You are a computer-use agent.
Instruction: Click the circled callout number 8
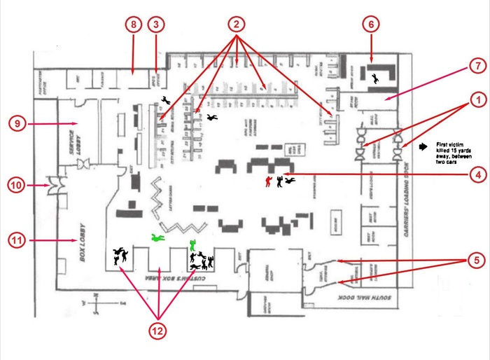point(134,25)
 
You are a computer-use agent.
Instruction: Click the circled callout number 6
point(371,24)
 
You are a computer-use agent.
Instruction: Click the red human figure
point(267,181)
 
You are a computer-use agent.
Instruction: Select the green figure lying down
point(157,239)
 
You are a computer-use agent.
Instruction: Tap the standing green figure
point(192,245)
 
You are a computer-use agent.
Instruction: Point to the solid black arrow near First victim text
point(423,148)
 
